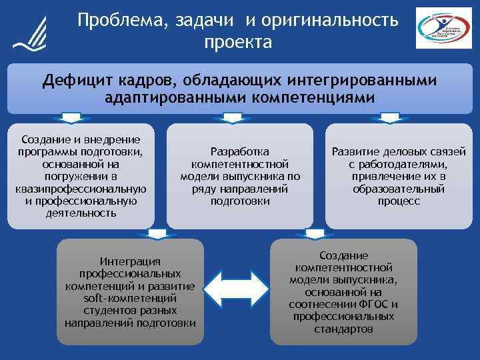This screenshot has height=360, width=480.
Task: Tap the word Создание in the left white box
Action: [x=47, y=139]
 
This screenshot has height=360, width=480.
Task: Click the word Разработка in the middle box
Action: [x=240, y=152]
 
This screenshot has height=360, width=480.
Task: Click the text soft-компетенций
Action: [x=130, y=298]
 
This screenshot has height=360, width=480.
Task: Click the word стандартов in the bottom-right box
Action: [x=343, y=329]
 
